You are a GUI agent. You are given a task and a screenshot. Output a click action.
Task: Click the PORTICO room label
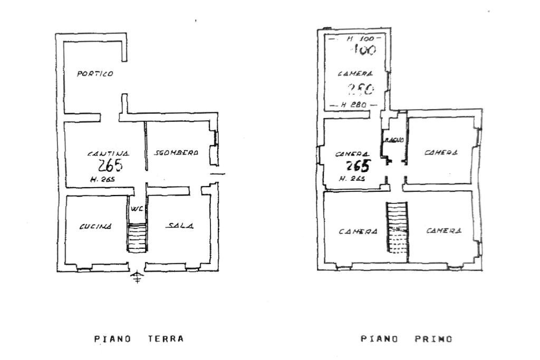(95, 74)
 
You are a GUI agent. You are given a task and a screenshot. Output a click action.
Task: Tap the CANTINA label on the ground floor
(108, 153)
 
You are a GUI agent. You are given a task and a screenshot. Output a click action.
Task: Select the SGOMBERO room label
(176, 153)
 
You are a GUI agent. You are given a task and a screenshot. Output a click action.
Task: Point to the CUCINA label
(95, 227)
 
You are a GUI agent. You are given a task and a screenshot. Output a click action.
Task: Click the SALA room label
(180, 226)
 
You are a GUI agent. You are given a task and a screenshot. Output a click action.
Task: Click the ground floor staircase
(137, 238)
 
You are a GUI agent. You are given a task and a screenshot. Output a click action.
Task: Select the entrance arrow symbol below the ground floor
(137, 277)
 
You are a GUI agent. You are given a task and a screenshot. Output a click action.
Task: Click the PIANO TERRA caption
(139, 339)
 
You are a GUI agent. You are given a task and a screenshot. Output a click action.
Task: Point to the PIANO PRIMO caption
(407, 339)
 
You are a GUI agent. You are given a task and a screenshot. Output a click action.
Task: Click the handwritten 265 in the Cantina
(110, 166)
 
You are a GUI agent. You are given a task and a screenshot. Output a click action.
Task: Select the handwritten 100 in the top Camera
(363, 51)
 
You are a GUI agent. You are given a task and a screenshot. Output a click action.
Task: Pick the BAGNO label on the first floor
(394, 140)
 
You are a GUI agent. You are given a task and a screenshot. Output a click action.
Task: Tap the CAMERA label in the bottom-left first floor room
(358, 231)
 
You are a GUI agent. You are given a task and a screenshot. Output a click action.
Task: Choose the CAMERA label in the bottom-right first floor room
(444, 231)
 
